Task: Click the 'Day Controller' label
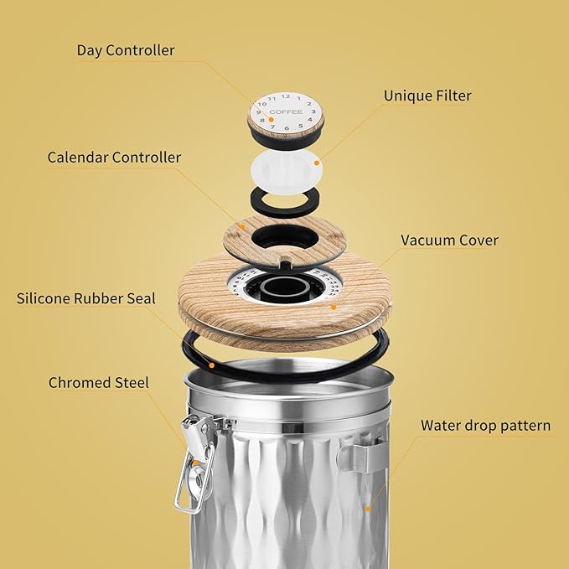click(x=126, y=50)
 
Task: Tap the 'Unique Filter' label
click(x=427, y=96)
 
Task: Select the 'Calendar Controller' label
click(x=114, y=158)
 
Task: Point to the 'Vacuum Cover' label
click(x=449, y=241)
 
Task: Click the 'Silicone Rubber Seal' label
click(x=97, y=298)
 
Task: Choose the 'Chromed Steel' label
click(x=99, y=383)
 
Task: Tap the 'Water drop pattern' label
click(x=485, y=426)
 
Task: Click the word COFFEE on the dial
click(x=286, y=112)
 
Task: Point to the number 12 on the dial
click(x=285, y=96)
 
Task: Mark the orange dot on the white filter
click(x=317, y=163)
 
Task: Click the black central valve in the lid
click(x=285, y=287)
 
